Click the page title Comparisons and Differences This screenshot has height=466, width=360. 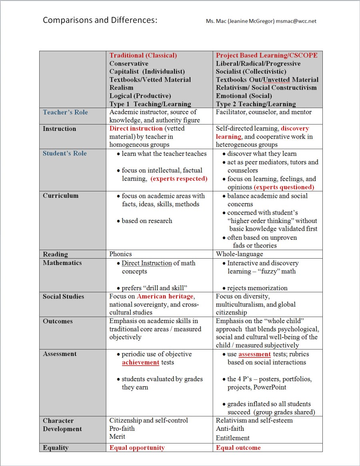tap(100, 20)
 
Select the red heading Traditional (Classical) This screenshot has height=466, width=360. tap(143, 55)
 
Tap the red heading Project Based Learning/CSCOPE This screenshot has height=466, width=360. tap(266, 55)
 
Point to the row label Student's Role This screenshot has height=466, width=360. tap(64, 153)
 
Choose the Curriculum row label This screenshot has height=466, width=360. tap(60, 196)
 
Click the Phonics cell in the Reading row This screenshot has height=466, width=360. tap(120, 254)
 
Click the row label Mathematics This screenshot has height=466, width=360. tap(62, 263)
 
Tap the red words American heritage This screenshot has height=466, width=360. tap(165, 296)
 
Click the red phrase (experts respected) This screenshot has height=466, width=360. tap(179, 179)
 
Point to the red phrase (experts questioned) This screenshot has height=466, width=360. tap(284, 187)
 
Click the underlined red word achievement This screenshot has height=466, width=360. tap(140, 362)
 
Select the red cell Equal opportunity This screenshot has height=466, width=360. tap(137, 448)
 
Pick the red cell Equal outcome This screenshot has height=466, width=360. tap(238, 448)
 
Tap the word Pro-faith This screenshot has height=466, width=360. tap(122, 428)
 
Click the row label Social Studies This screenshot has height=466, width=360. tap(63, 296)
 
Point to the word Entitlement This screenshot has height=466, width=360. tap(232, 438)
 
